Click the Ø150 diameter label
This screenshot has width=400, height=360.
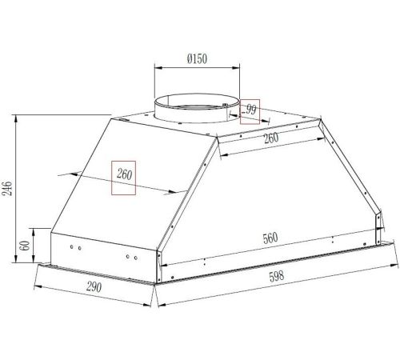click(197, 58)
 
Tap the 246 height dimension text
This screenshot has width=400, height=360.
click(8, 189)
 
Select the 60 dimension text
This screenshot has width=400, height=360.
click(25, 246)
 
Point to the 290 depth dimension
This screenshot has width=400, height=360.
click(94, 287)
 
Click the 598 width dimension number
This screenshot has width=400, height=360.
click(277, 276)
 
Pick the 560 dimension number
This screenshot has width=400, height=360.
click(270, 238)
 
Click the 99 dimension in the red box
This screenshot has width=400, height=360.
click(251, 110)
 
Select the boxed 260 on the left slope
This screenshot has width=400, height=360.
click(124, 174)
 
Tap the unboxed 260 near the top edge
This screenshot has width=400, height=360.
click(271, 138)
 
